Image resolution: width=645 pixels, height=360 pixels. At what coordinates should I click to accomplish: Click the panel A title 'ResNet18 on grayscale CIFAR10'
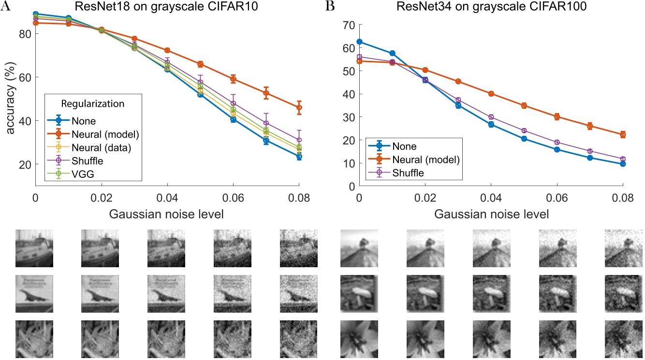tap(167, 6)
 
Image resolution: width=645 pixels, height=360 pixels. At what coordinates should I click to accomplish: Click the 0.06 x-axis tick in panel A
tap(233, 197)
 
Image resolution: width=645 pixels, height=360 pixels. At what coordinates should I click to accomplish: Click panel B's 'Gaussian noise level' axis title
tap(490, 214)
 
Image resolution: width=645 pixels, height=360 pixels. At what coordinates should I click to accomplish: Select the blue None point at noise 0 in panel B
tap(359, 42)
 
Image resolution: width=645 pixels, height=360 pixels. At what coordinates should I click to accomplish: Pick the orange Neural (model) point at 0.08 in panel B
tap(623, 134)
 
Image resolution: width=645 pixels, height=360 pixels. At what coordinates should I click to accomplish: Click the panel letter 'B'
tap(330, 6)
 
